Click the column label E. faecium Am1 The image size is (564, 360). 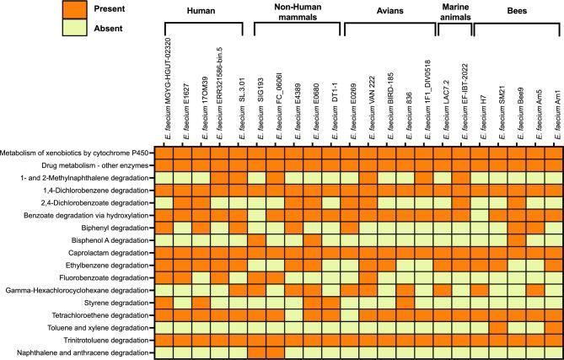554,117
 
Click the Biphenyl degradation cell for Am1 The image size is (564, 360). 554,228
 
